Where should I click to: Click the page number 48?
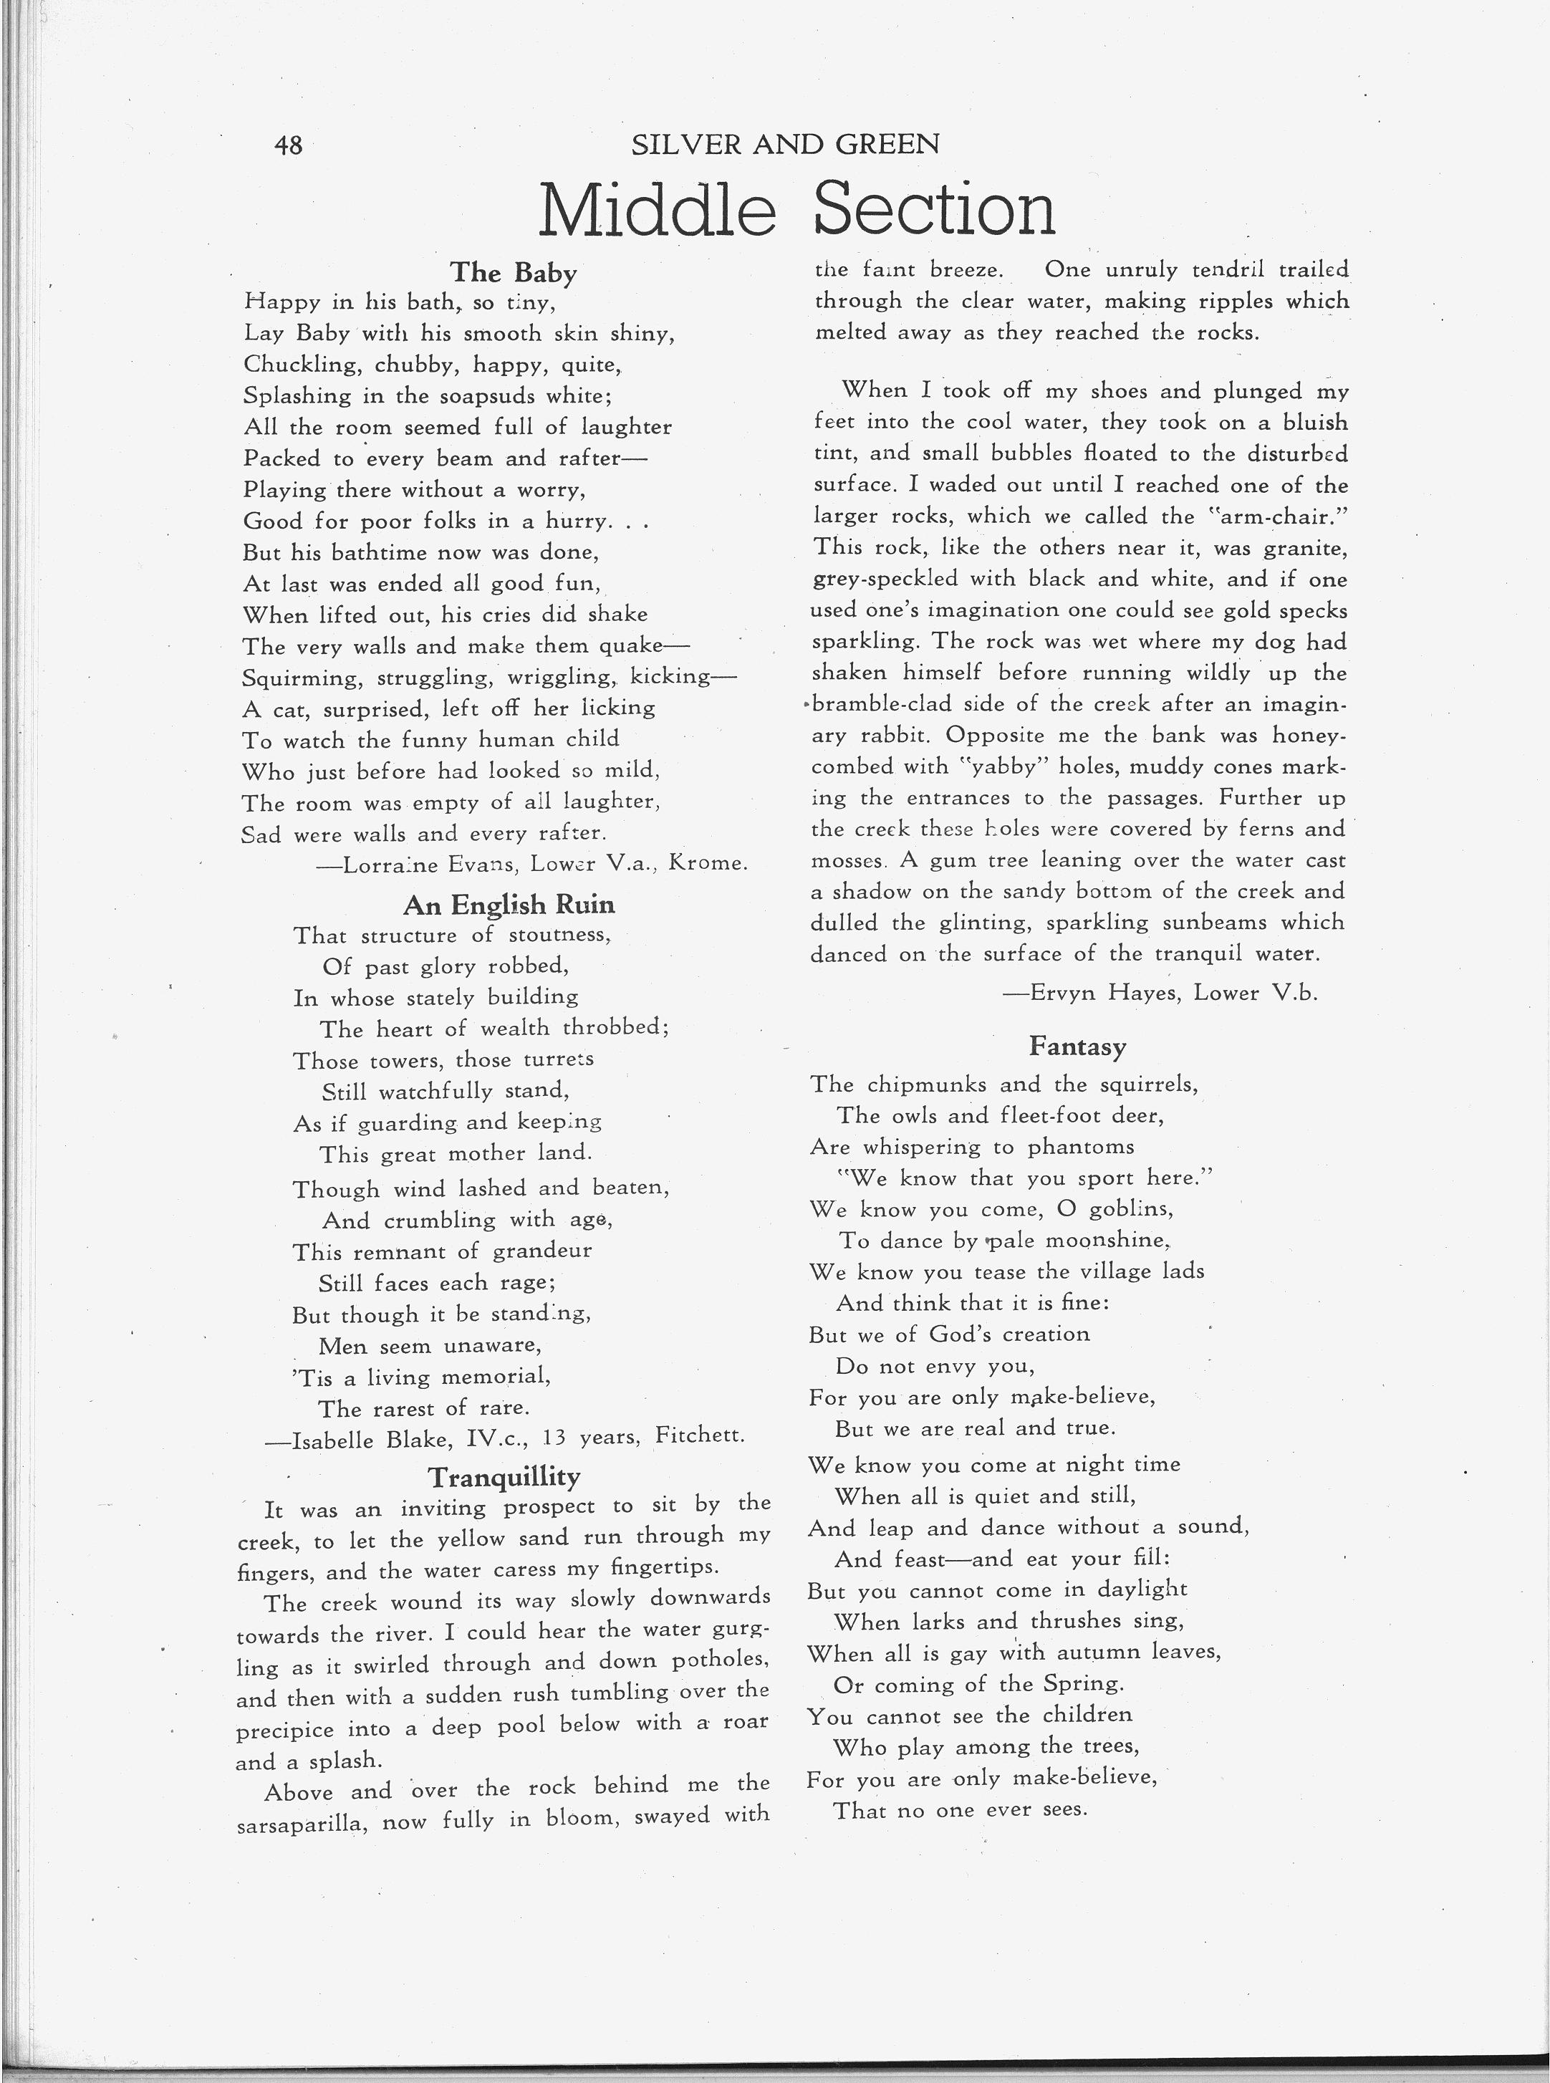click(x=288, y=145)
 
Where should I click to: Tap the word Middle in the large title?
click(x=658, y=210)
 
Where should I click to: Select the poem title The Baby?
click(x=514, y=272)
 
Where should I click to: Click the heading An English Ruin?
click(x=509, y=905)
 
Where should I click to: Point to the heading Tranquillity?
click(x=504, y=1477)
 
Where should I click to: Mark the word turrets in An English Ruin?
click(x=557, y=1059)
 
